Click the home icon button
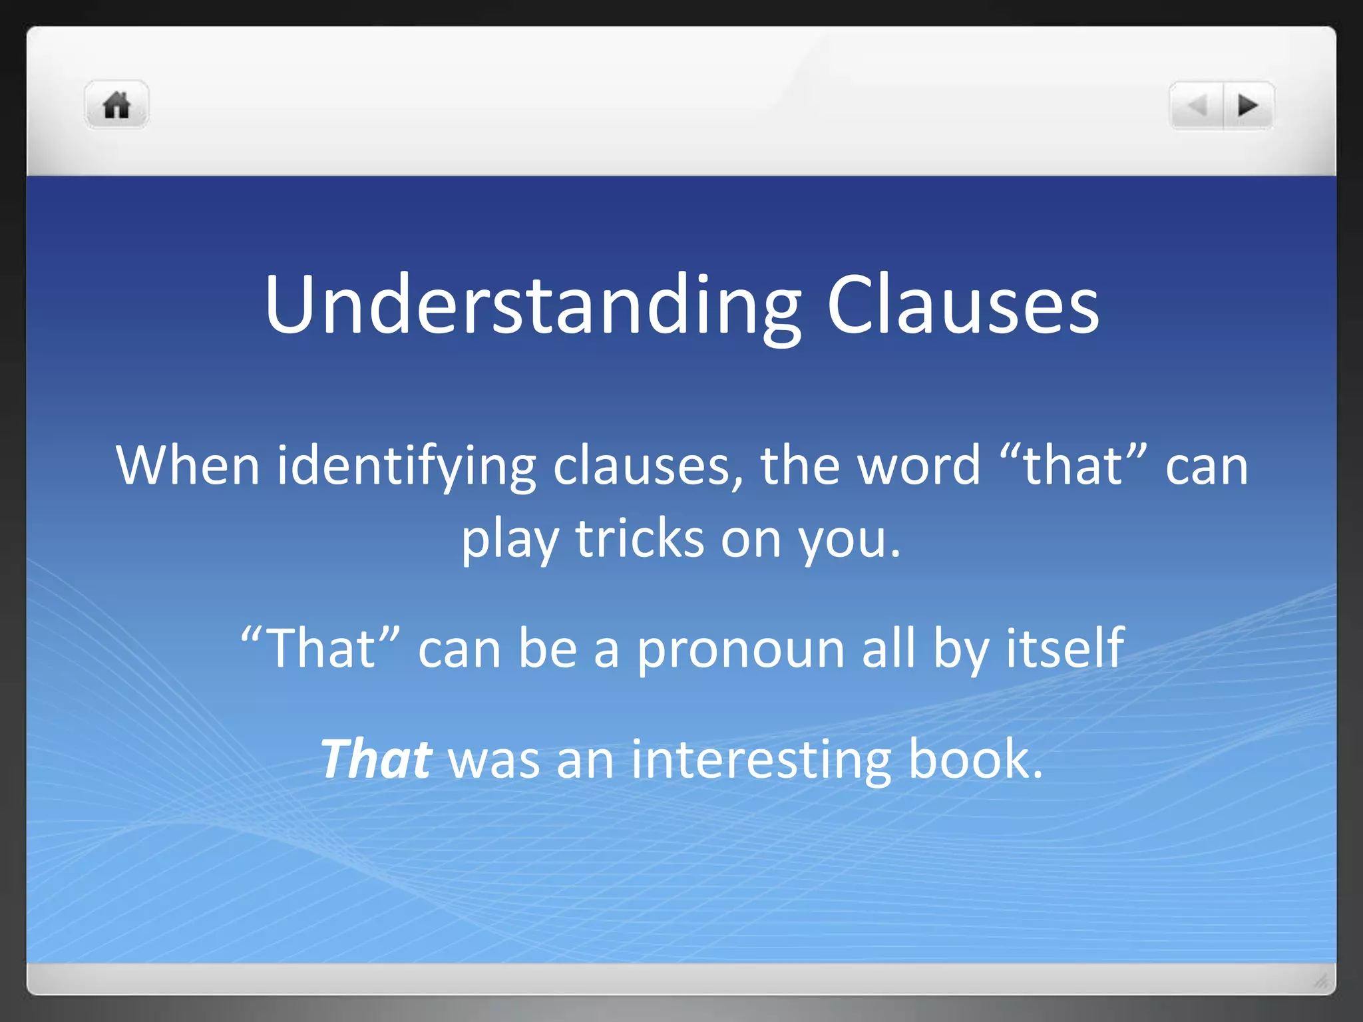point(116,105)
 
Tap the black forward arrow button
point(1248,105)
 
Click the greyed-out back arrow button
point(1197,105)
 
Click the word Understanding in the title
point(532,305)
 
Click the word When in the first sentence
point(188,465)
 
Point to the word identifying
point(407,465)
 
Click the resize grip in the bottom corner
point(1320,981)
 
